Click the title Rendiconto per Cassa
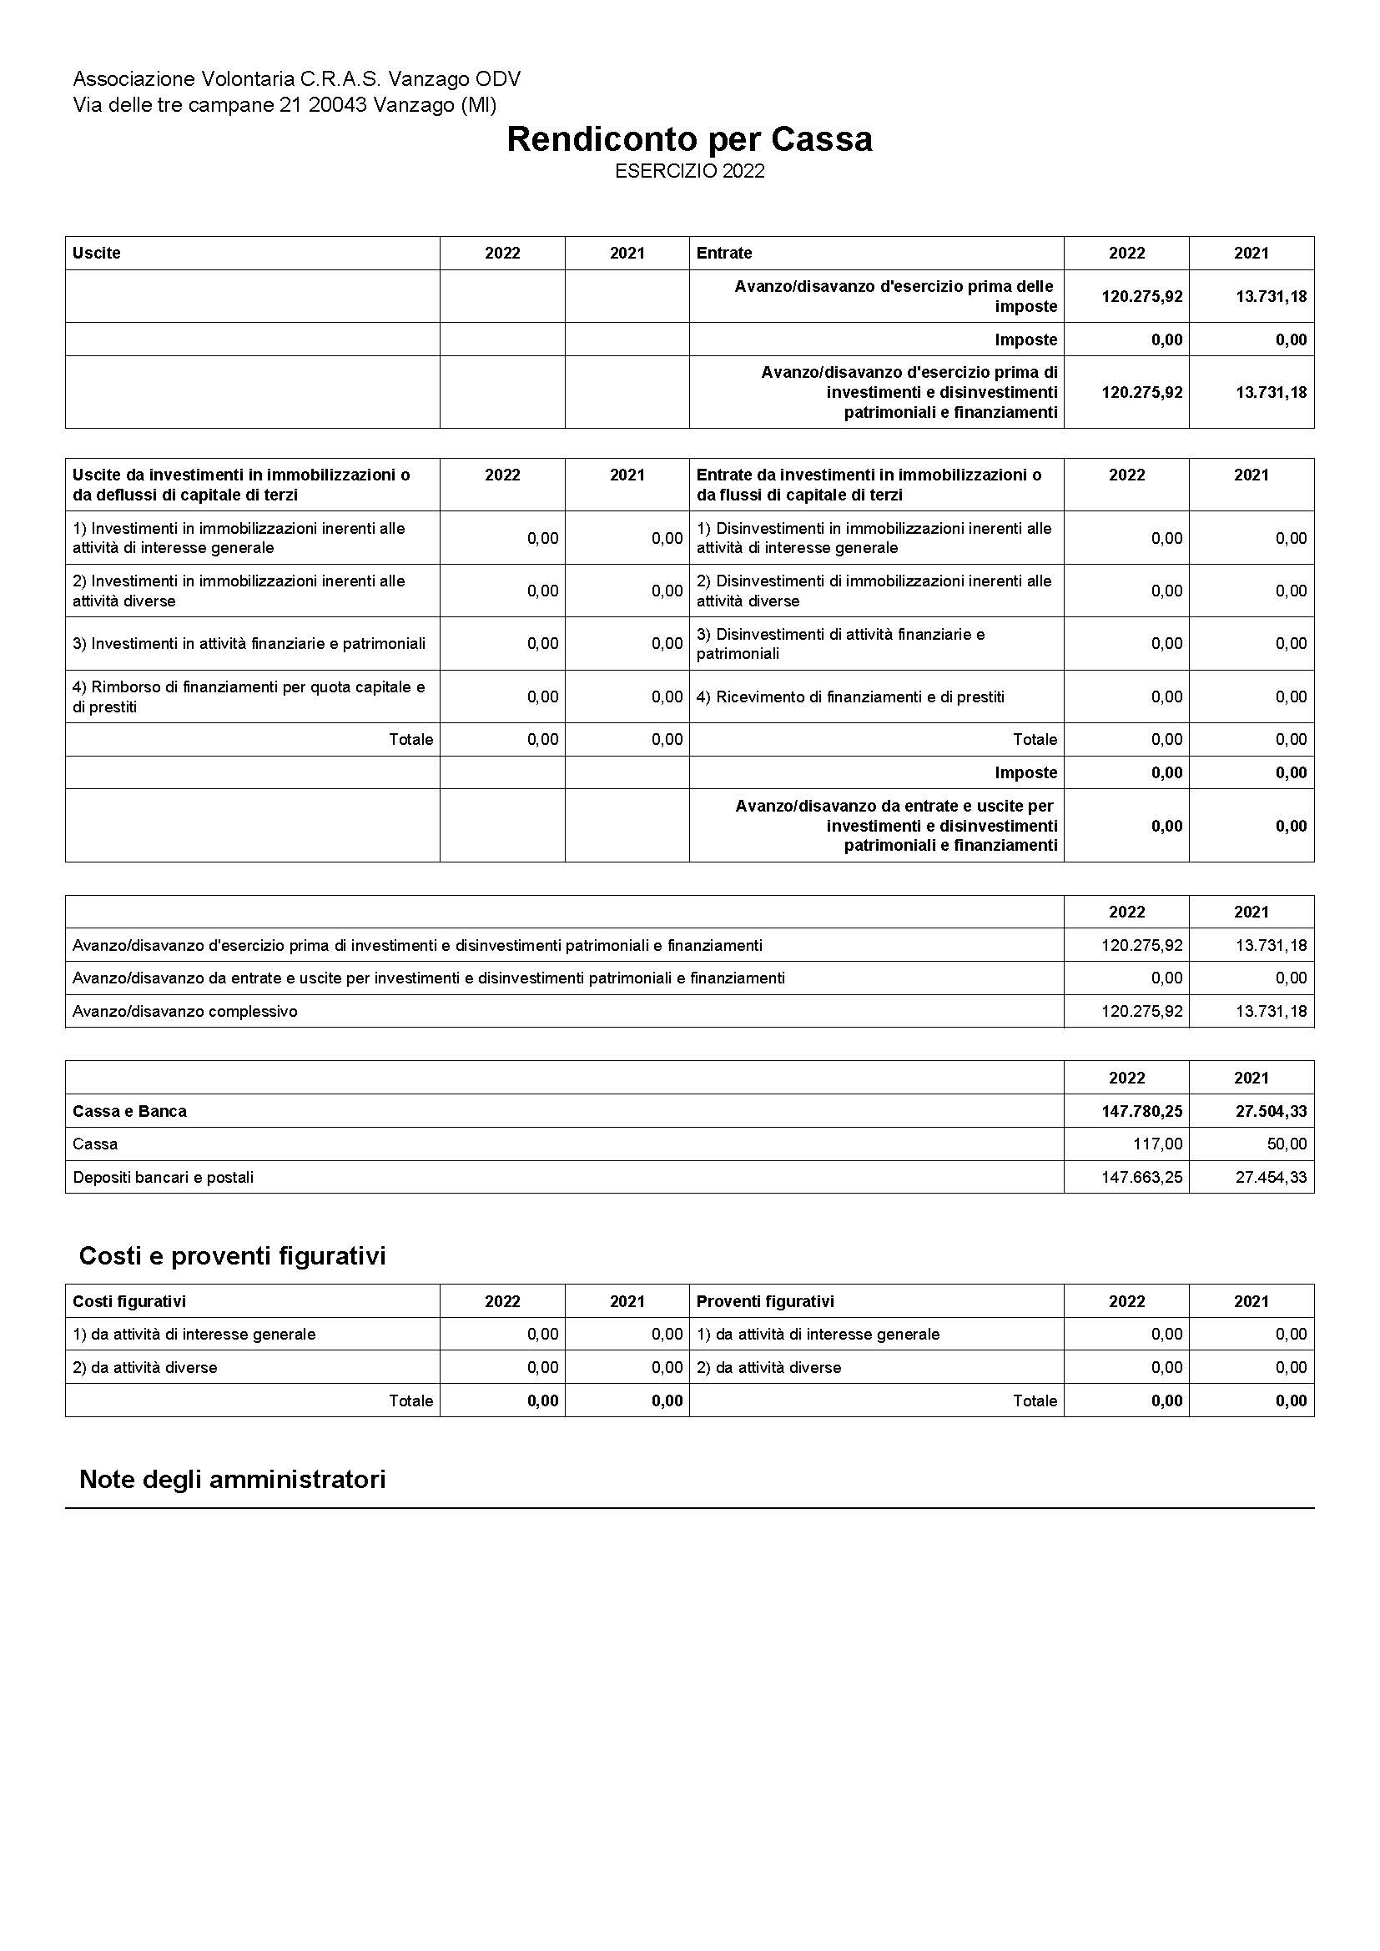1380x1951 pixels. (x=689, y=139)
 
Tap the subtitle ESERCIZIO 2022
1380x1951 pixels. (x=689, y=172)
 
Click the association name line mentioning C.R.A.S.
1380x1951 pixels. (x=296, y=79)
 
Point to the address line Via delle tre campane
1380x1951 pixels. (x=285, y=105)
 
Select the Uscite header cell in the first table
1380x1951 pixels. (x=97, y=254)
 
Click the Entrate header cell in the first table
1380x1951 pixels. (x=724, y=254)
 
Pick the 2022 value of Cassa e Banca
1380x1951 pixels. (x=1141, y=1111)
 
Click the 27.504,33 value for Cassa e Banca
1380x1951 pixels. (x=1272, y=1111)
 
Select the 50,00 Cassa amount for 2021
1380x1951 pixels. (x=1287, y=1144)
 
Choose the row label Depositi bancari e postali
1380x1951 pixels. (x=164, y=1178)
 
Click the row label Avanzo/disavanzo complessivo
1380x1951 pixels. (x=185, y=1012)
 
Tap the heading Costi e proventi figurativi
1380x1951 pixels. (x=232, y=1256)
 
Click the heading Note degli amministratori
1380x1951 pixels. (x=232, y=1480)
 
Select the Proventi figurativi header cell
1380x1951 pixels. (x=765, y=1302)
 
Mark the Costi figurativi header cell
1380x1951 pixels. (x=129, y=1302)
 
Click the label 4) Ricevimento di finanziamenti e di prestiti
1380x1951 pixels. (x=849, y=697)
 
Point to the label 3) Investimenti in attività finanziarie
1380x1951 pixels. (x=249, y=644)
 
